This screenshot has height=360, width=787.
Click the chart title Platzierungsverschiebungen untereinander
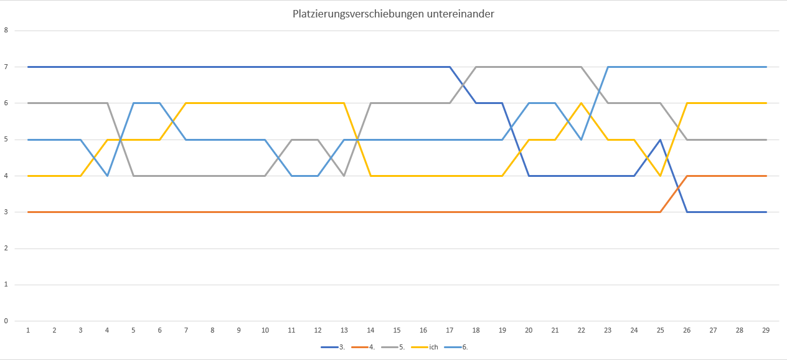click(393, 14)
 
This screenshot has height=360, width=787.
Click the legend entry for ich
click(434, 346)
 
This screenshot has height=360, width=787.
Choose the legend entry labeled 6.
click(465, 346)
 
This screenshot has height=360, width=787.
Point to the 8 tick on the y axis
click(6, 31)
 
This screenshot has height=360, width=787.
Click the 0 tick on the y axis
click(6, 321)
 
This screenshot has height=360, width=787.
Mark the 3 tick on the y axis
click(6, 212)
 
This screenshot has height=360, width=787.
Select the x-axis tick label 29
click(766, 330)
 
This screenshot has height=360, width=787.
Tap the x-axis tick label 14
click(370, 330)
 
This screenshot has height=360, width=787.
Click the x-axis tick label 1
click(28, 330)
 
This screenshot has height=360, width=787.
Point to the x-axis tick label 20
click(529, 330)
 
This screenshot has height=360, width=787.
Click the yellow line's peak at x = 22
click(581, 103)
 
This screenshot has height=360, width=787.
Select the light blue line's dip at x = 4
click(107, 176)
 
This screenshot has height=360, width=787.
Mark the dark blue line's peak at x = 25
click(660, 140)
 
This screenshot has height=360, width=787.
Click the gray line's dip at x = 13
click(344, 176)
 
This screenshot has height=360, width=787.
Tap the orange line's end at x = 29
click(766, 176)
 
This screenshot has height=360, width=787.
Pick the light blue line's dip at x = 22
click(581, 140)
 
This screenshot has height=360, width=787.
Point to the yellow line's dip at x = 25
click(660, 176)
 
